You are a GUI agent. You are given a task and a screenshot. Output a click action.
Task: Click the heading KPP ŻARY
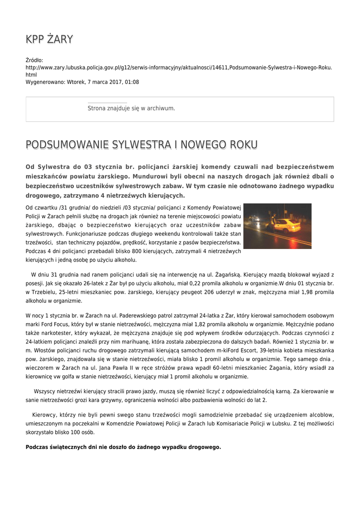pyautogui.click(x=49, y=39)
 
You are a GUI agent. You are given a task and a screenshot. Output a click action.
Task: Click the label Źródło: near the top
pyautogui.click(x=34, y=60)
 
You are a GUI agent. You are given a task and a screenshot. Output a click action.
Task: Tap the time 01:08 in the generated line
pyautogui.click(x=132, y=82)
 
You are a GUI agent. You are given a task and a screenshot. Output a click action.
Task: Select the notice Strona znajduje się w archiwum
pyautogui.click(x=131, y=108)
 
